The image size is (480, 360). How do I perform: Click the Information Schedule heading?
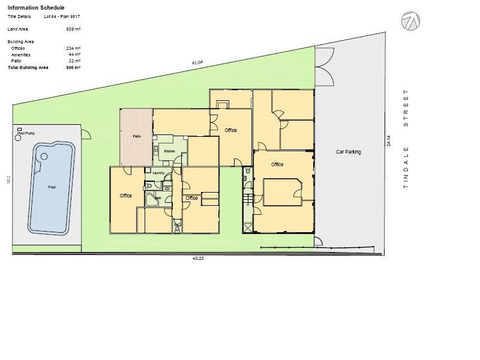pos(36,8)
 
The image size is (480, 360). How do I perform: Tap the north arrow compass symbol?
pos(410,21)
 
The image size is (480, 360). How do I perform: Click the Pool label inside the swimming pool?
pos(52,187)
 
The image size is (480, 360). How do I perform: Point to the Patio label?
pos(137,137)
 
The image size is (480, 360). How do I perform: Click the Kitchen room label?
pos(170,151)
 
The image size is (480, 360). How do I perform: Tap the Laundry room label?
pos(158,173)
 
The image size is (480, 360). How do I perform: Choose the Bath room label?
pos(158,197)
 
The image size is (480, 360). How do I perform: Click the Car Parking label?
pos(349,152)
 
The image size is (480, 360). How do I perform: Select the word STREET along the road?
pos(406,108)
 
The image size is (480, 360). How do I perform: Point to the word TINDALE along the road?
pos(406,167)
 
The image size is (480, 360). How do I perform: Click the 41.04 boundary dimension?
pos(197,62)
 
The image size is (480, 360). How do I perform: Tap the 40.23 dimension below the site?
pos(198,259)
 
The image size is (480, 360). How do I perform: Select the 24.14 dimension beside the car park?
pos(389,142)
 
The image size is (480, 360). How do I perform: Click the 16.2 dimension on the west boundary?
pos(9,179)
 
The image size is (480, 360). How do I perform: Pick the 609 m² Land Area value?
pos(73,29)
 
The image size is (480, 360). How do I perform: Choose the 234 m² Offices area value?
pos(73,48)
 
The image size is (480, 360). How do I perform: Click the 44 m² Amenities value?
pos(74,55)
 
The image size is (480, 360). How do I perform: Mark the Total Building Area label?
pos(28,68)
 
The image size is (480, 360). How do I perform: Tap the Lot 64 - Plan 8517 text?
pos(62,17)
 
